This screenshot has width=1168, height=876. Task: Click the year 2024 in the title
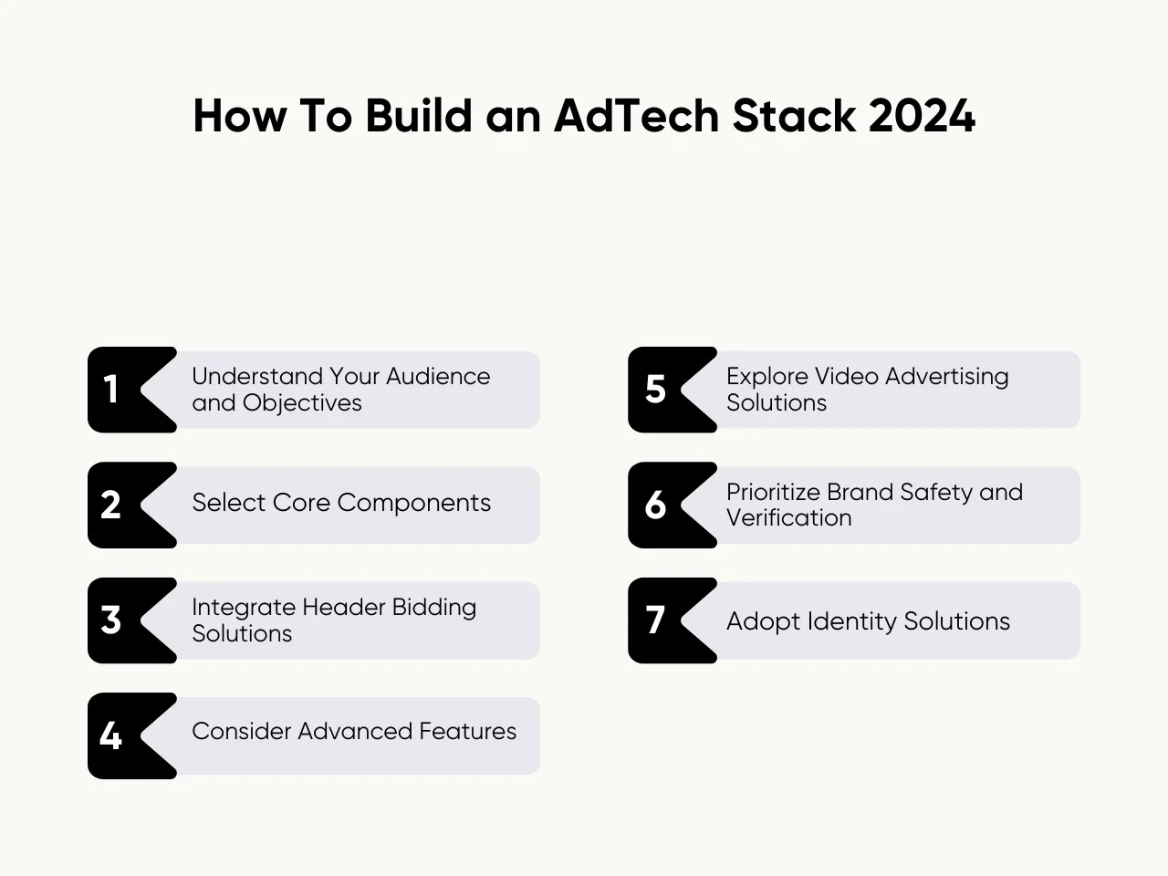point(922,115)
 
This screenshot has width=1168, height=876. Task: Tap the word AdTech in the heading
point(637,115)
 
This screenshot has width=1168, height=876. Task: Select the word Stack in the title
point(794,115)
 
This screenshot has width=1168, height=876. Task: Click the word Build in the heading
point(419,115)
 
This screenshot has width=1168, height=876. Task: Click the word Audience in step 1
point(438,376)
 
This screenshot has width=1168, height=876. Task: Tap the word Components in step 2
point(413,503)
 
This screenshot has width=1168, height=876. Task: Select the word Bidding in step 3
point(433,608)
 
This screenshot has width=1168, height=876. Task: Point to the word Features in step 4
point(468,731)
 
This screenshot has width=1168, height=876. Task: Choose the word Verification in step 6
point(788,517)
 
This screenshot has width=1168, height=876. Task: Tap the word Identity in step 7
point(850,621)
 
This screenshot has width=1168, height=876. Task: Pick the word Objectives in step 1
point(302,402)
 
